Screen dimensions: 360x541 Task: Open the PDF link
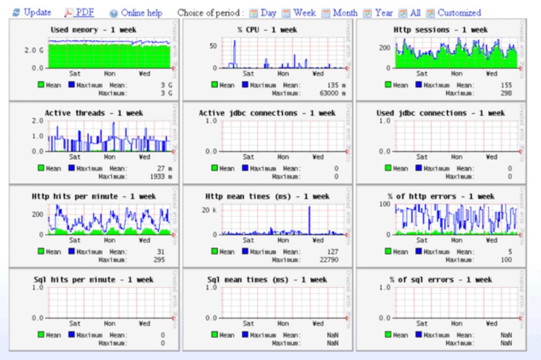pyautogui.click(x=84, y=13)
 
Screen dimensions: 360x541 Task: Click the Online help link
pyautogui.click(x=142, y=13)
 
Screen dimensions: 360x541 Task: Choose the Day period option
pyautogui.click(x=268, y=13)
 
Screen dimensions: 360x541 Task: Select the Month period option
pyautogui.click(x=345, y=13)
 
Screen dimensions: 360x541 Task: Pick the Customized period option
pyautogui.click(x=459, y=13)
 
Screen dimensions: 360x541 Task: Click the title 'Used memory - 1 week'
pyautogui.click(x=93, y=30)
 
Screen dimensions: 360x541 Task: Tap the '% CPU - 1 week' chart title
pyautogui.click(x=267, y=30)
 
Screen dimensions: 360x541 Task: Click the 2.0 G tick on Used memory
pyautogui.click(x=34, y=51)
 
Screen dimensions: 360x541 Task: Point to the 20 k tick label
pyautogui.click(x=209, y=210)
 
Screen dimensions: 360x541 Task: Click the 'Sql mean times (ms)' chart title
pyautogui.click(x=267, y=280)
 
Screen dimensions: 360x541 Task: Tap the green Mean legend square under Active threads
pyautogui.click(x=41, y=168)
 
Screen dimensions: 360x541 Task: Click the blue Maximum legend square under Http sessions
pyautogui.click(x=419, y=84)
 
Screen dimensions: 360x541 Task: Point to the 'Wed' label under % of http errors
pyautogui.click(x=491, y=240)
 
